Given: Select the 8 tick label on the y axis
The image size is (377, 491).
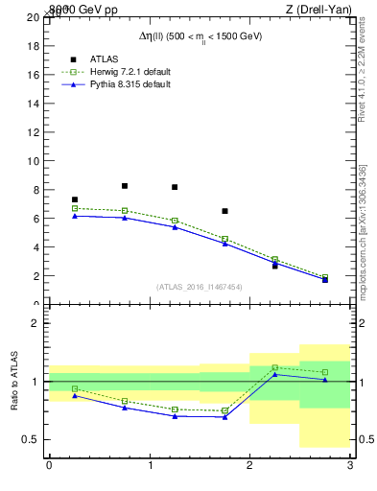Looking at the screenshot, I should (35, 189).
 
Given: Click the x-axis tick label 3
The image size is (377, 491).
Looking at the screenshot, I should (350, 466).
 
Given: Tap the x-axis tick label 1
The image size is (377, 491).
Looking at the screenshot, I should (150, 466).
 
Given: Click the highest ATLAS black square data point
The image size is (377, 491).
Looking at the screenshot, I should (125, 186).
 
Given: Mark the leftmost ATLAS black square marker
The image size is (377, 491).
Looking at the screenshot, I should (75, 199).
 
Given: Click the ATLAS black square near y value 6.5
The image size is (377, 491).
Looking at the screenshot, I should (224, 211).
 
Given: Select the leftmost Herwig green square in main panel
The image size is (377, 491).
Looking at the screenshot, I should (75, 208).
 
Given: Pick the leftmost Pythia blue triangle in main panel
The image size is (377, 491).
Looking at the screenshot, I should (75, 216).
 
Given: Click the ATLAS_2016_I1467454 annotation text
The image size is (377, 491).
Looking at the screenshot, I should (200, 287).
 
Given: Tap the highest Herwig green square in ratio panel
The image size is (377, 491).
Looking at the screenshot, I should (274, 367).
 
